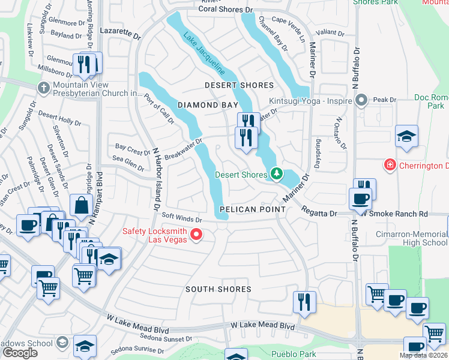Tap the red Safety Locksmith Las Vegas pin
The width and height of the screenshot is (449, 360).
tap(196, 234)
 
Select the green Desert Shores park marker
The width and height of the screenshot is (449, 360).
tap(276, 175)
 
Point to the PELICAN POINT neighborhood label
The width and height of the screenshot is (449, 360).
tap(252, 209)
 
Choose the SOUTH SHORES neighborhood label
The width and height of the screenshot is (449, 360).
tap(218, 289)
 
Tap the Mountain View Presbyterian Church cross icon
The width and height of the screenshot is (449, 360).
tap(43, 88)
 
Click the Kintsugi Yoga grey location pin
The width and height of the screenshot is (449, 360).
tap(361, 101)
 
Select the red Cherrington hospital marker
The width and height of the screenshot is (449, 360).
tap(390, 164)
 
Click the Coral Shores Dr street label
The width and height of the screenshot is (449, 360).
tap(226, 10)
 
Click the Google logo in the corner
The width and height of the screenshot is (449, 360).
tap(20, 353)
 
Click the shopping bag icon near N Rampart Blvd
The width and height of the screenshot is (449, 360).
tap(81, 205)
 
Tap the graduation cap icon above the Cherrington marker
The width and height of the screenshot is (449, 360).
tap(406, 136)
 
